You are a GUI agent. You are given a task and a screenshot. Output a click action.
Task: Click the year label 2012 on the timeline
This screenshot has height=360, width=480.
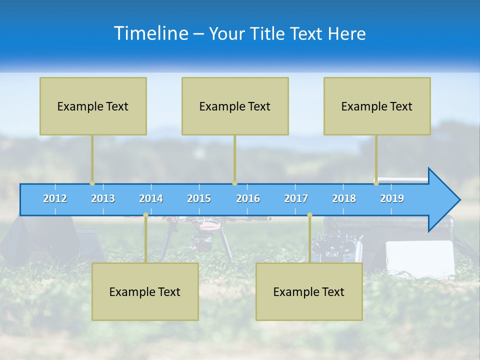click(x=55, y=198)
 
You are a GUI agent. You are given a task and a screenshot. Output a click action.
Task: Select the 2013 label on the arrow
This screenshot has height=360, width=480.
click(x=103, y=198)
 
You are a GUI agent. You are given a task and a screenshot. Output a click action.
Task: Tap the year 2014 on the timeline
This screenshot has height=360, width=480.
click(x=151, y=198)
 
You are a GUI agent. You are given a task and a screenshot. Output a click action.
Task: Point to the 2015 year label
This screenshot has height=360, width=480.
click(x=199, y=198)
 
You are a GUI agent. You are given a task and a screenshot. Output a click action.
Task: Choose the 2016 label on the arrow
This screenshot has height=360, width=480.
click(x=248, y=198)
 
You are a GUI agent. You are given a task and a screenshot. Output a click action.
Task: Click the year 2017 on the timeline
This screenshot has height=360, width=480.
click(x=296, y=198)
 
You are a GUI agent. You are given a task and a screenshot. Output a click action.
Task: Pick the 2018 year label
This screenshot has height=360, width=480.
click(x=344, y=198)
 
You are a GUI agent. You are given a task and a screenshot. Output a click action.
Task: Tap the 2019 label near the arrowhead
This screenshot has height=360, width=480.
click(x=392, y=198)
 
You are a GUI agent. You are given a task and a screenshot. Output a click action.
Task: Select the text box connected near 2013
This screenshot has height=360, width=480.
click(x=93, y=106)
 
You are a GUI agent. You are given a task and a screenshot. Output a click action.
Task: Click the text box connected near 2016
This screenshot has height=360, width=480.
click(x=235, y=106)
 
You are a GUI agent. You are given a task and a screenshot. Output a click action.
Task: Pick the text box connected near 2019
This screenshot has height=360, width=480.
click(x=377, y=106)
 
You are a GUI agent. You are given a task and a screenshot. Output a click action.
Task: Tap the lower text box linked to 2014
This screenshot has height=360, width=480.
click(x=145, y=291)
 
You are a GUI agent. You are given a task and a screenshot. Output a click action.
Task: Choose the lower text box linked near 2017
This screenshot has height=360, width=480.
click(x=309, y=291)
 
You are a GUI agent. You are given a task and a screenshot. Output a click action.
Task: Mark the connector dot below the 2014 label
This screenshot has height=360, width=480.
click(x=145, y=215)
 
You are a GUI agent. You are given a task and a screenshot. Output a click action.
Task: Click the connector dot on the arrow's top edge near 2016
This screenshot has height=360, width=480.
click(x=234, y=183)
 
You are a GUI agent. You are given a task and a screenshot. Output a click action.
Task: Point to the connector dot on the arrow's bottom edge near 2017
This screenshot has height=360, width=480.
click(x=309, y=215)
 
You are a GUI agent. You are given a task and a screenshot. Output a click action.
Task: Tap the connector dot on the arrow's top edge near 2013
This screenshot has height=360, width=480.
click(x=92, y=183)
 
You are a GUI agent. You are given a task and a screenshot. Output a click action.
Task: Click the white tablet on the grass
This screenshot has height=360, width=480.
click(x=420, y=257)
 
